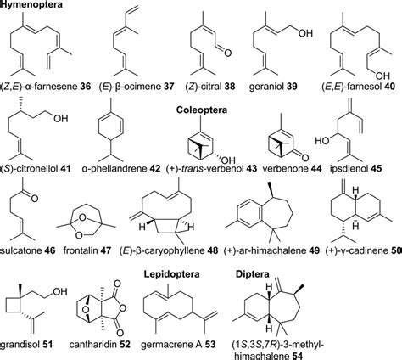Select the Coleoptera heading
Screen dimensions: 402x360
202,110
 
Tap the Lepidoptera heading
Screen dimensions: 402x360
171,274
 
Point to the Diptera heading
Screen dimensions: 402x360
253,274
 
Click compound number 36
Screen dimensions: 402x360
86,87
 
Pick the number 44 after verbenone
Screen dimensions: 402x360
316,169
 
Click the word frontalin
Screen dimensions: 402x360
80,250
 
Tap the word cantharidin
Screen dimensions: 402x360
93,344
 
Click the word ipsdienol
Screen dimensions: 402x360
349,169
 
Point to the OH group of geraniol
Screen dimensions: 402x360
305,33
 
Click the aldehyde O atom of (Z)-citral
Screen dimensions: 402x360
227,53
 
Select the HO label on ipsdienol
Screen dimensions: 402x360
322,140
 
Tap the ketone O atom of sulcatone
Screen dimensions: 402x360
35,198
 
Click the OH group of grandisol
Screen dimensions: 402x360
60,291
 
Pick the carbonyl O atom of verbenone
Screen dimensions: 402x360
304,157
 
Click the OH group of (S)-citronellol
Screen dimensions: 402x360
61,118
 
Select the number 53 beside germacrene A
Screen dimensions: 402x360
210,344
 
